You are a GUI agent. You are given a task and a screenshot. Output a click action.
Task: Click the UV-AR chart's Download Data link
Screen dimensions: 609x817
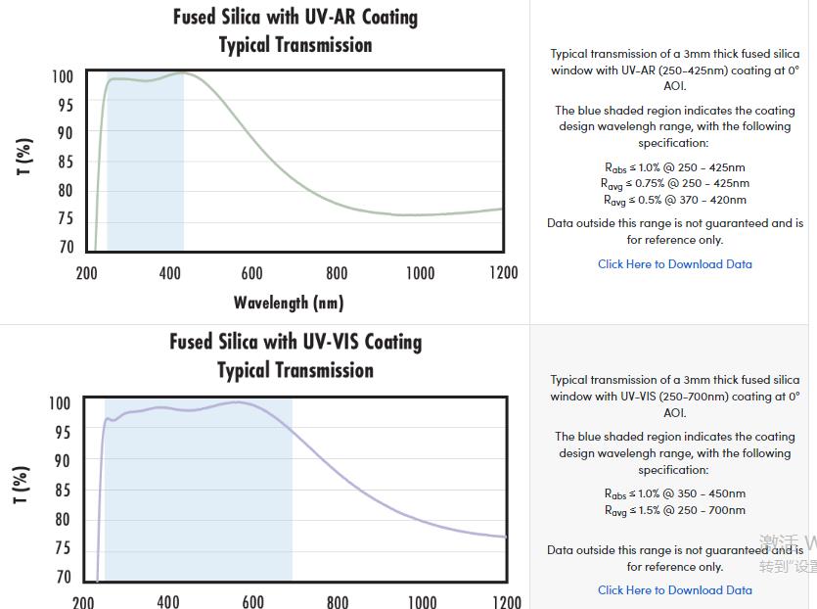tap(675, 264)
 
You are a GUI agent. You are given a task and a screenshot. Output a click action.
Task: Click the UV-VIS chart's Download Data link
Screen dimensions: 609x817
tap(675, 590)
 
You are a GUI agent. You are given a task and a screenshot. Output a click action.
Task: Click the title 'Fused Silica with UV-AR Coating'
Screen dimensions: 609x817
tap(295, 18)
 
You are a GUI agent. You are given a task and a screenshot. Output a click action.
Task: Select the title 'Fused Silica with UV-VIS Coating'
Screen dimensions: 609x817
tap(295, 342)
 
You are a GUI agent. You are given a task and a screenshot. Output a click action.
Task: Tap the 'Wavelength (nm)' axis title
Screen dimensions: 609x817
tap(289, 302)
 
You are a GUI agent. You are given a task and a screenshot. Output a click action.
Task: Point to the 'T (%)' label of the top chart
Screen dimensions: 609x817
tap(25, 157)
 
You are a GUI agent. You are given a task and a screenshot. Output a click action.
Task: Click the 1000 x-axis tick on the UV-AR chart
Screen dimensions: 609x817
tap(421, 273)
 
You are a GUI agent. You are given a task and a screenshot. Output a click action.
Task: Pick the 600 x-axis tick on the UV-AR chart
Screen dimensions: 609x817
tap(252, 273)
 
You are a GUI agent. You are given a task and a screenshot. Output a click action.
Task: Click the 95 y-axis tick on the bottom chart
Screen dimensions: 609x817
tap(61, 432)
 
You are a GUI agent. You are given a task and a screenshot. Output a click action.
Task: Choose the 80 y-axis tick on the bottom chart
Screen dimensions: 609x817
tap(61, 520)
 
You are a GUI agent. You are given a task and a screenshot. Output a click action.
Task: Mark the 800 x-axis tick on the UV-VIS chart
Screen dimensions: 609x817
tap(338, 600)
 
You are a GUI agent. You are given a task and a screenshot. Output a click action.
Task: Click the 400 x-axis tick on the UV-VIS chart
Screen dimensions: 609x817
tap(168, 600)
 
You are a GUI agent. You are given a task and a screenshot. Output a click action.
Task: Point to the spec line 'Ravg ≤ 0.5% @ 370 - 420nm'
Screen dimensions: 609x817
tap(675, 201)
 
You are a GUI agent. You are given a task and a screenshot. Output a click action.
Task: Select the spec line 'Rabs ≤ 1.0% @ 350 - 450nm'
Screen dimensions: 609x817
tap(675, 493)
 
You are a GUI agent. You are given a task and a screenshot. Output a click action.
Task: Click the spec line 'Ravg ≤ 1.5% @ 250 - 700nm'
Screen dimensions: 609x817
tap(675, 510)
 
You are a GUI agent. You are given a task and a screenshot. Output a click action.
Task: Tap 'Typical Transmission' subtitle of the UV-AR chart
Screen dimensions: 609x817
tap(295, 45)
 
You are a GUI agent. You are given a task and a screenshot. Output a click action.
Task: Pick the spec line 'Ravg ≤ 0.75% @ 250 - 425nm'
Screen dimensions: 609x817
tap(675, 183)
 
